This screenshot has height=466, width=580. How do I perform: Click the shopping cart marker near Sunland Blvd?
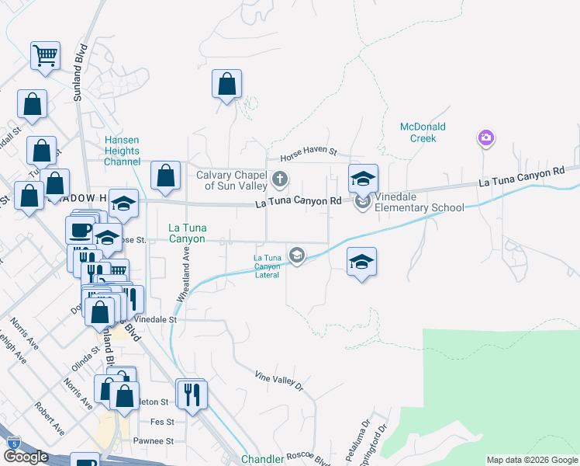[x=46, y=56]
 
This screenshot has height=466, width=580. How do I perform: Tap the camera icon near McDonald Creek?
[x=485, y=138]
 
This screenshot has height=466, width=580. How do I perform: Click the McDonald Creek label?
[x=418, y=132]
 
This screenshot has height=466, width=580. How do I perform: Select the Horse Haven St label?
[x=309, y=155]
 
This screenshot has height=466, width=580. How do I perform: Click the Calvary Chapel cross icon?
[x=280, y=181]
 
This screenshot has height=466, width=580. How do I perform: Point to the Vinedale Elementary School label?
[x=419, y=207]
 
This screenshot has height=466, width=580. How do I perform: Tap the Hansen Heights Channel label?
[x=122, y=151]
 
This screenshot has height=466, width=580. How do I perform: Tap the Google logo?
[x=26, y=457]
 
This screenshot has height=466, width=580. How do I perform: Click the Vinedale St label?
[x=156, y=319]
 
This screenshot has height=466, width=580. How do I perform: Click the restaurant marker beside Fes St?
[x=191, y=395]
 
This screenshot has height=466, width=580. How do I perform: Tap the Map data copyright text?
[x=532, y=460]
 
